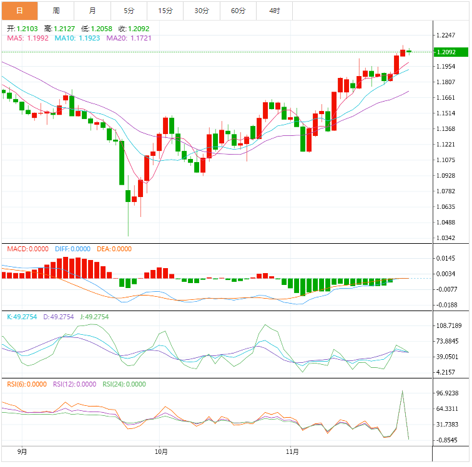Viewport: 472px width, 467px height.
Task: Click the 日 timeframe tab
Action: coord(19,11)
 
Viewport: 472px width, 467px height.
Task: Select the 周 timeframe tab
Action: coord(56,11)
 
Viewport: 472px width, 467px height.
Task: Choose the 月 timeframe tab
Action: coord(92,11)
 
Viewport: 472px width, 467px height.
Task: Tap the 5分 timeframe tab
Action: coord(129,11)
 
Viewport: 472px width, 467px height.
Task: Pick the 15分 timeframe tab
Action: coord(165,11)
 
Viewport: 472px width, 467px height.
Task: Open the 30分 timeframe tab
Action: coord(202,11)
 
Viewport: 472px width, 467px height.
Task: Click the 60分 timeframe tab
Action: coord(238,11)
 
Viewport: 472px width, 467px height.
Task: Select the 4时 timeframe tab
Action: coord(275,11)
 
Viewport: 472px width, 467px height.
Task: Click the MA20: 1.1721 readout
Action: coord(129,38)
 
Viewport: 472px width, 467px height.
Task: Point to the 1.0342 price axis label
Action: coord(447,238)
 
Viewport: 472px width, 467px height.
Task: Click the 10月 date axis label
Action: coord(160,450)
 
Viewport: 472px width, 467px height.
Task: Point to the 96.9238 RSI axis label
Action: coord(449,393)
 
